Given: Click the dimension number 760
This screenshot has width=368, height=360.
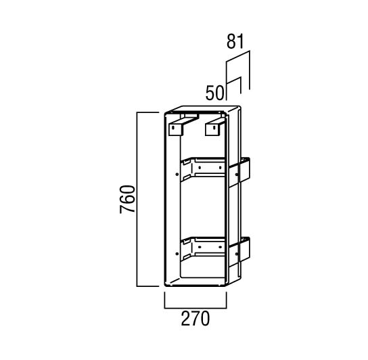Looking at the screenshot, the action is pyautogui.click(x=127, y=199).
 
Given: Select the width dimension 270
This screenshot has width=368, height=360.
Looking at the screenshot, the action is pyautogui.click(x=195, y=318).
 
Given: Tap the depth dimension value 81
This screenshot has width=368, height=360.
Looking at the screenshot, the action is pyautogui.click(x=235, y=41).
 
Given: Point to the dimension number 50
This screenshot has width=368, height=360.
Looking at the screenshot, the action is pyautogui.click(x=214, y=93).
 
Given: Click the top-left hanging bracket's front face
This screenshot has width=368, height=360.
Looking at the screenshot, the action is pyautogui.click(x=175, y=130).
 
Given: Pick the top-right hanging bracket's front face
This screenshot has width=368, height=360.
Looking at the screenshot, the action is pyautogui.click(x=213, y=130).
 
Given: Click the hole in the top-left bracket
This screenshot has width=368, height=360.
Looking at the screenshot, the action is pyautogui.click(x=173, y=128).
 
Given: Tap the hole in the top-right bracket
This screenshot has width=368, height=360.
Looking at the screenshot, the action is pyautogui.click(x=214, y=127).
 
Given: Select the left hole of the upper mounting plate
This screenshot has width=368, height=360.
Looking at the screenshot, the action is pyautogui.click(x=200, y=168).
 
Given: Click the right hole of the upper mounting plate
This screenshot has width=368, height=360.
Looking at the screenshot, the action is pyautogui.click(x=220, y=167).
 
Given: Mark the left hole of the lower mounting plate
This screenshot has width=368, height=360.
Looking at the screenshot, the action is pyautogui.click(x=200, y=247).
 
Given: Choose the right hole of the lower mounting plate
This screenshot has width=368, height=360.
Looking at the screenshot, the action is pyautogui.click(x=220, y=247).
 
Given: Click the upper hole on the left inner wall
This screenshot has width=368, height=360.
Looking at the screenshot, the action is pyautogui.click(x=177, y=174).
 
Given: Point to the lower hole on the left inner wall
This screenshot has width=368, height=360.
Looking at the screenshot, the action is pyautogui.click(x=177, y=254).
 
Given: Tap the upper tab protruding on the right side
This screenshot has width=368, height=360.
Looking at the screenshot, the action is pyautogui.click(x=239, y=172).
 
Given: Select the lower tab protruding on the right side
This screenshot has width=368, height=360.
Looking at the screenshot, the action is pyautogui.click(x=239, y=252).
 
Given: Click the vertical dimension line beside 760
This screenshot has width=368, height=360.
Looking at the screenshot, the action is pyautogui.click(x=137, y=200).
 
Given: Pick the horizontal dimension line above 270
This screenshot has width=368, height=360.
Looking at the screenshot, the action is pyautogui.click(x=195, y=308).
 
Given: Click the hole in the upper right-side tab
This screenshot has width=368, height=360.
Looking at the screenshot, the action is pyautogui.click(x=236, y=175).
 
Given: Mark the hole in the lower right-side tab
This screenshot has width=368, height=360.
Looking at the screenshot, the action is pyautogui.click(x=236, y=254).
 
